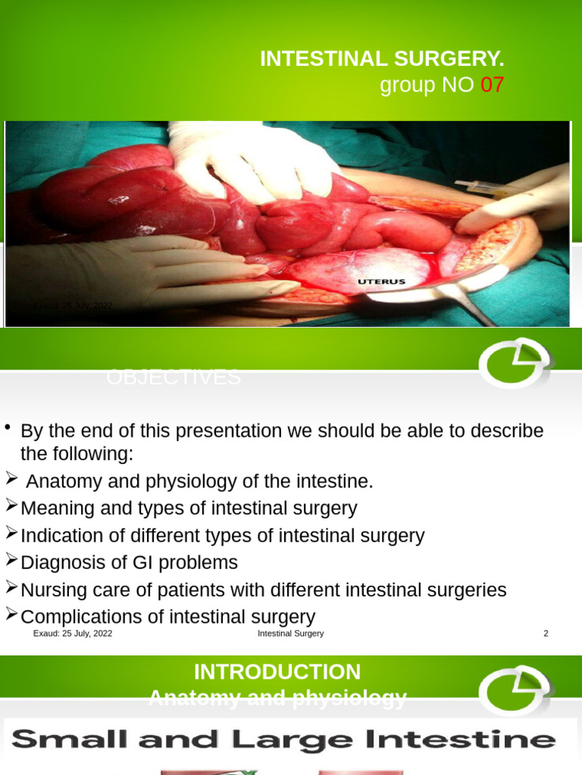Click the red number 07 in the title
pyautogui.click(x=492, y=86)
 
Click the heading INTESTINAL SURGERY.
pyautogui.click(x=382, y=59)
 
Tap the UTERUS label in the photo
pyautogui.click(x=381, y=282)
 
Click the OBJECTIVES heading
pyautogui.click(x=174, y=377)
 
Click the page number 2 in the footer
pyautogui.click(x=546, y=633)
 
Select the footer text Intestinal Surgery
pyautogui.click(x=290, y=633)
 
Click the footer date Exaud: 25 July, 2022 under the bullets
pyautogui.click(x=73, y=633)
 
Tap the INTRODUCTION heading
pyautogui.click(x=277, y=671)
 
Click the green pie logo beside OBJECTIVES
pyautogui.click(x=515, y=363)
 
